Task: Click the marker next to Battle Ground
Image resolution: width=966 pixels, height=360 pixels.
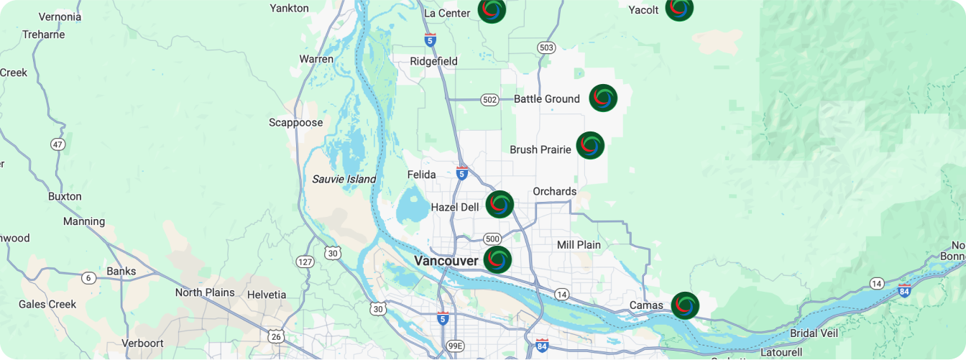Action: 603,98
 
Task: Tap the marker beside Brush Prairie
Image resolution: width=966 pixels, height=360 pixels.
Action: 590,145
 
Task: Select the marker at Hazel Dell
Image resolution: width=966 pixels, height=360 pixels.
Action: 500,205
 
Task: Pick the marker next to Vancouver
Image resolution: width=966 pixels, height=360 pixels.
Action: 497,260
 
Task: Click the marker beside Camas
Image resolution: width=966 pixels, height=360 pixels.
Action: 685,305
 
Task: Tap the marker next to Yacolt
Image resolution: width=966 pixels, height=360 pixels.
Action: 679,9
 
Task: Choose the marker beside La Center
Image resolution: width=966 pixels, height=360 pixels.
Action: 492,10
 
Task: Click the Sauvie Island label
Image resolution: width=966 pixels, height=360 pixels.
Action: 344,179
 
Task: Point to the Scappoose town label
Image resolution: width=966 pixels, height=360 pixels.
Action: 295,123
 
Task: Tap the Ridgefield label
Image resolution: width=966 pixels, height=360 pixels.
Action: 433,61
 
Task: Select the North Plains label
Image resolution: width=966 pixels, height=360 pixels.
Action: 205,292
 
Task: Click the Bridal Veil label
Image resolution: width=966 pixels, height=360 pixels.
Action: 814,333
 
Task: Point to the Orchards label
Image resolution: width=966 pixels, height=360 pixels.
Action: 554,191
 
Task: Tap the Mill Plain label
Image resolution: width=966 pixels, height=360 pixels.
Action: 579,245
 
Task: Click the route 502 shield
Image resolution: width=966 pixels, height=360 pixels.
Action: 489,100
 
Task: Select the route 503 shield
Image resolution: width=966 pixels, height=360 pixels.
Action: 546,47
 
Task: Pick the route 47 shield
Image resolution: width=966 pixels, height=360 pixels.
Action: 58,144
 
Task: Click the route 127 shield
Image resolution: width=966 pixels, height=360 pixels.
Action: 305,262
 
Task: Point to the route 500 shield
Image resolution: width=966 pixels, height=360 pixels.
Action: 492,239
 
